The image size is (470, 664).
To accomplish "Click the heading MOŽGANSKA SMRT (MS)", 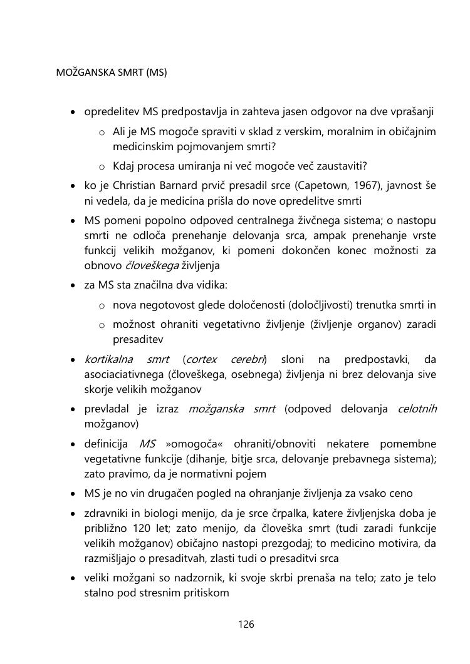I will tap(112, 73).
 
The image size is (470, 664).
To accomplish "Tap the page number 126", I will tap(246, 624).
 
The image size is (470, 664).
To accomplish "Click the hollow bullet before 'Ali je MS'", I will tap(102, 133).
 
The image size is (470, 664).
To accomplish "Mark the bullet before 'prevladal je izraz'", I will tap(73, 410).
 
